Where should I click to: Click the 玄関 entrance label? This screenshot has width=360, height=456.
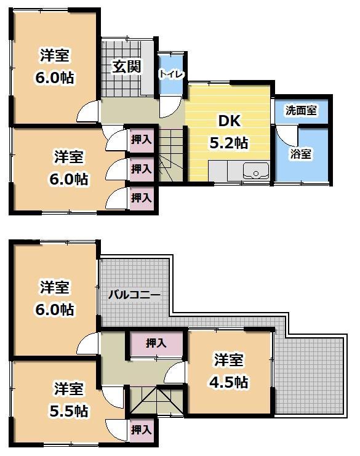point(127,66)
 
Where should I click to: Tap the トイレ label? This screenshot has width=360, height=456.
point(170,74)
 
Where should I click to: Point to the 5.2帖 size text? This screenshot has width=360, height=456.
point(229,143)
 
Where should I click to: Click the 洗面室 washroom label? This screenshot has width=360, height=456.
point(301,111)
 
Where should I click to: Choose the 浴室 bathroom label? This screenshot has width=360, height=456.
point(301,154)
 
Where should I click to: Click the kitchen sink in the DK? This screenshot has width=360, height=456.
point(255,170)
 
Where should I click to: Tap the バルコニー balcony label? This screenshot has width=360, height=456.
point(134,295)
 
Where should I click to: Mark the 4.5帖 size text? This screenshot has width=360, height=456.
point(229,382)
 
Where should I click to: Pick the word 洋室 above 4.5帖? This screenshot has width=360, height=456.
point(229,359)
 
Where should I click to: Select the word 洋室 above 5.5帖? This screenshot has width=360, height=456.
point(69,389)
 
